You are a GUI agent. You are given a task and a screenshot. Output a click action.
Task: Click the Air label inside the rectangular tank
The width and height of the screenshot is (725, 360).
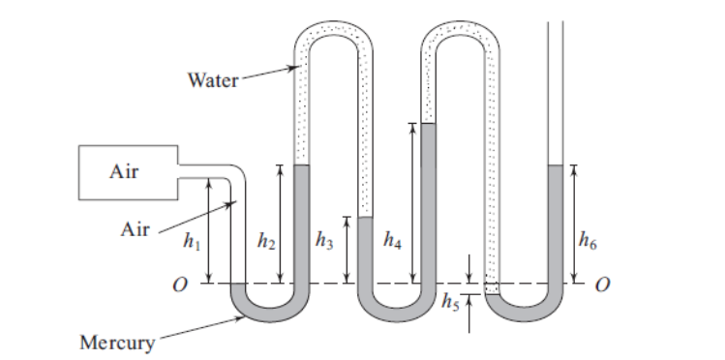coord(123,172)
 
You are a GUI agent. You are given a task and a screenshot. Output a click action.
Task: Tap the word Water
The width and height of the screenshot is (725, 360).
coord(212,79)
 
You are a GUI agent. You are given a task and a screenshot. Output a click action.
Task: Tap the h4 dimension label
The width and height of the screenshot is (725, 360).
coord(392,240)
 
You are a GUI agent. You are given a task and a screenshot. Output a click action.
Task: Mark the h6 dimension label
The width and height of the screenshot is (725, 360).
coord(588,241)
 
